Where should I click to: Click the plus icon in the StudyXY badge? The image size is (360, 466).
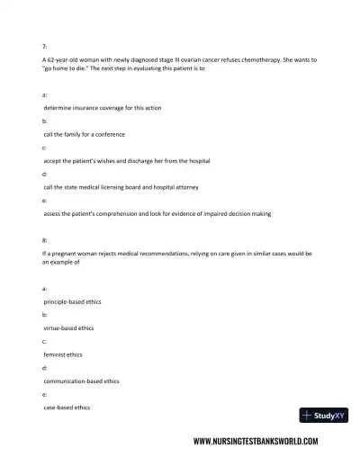click(308, 416)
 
